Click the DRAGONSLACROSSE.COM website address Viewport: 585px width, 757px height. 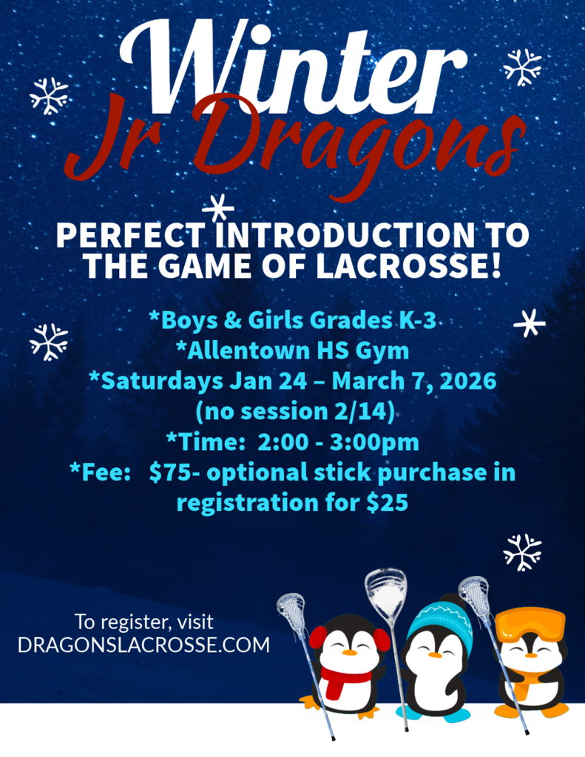(143, 645)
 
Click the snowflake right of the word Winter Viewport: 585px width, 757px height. (522, 67)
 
